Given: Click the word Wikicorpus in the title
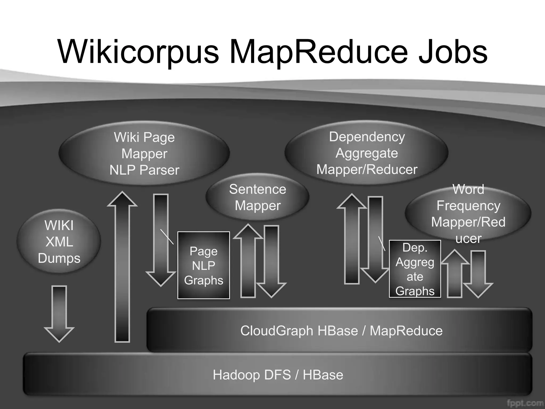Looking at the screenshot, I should [138, 52].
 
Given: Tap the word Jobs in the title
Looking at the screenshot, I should [452, 52].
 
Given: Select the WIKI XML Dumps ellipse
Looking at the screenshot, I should [59, 241].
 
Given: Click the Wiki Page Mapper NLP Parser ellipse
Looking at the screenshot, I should [144, 153].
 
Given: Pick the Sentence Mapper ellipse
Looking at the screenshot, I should [257, 197].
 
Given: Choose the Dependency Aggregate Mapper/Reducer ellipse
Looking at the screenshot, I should [367, 153].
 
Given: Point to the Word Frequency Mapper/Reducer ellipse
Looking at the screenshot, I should [468, 213].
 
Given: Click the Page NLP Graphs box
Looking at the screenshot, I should [204, 265].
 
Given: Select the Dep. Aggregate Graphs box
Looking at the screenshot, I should [415, 269].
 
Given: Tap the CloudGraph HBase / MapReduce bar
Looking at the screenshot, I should [341, 330].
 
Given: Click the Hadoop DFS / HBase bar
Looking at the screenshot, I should [278, 375].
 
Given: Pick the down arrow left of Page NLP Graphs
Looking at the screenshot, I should [161, 240].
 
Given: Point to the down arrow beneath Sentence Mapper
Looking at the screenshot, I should [271, 261].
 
